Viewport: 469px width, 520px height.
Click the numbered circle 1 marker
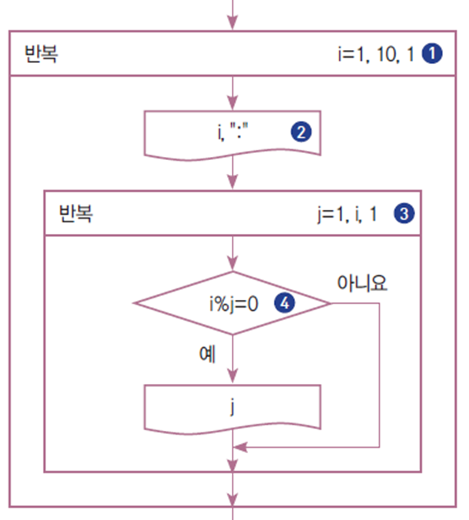[x=435, y=54]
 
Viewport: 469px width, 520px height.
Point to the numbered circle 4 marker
[x=286, y=303]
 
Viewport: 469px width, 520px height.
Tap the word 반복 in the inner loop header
[x=75, y=213]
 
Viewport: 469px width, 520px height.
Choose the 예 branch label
[x=206, y=355]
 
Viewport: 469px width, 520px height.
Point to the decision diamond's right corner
[x=330, y=303]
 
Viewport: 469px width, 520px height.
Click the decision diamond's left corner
[x=135, y=303]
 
